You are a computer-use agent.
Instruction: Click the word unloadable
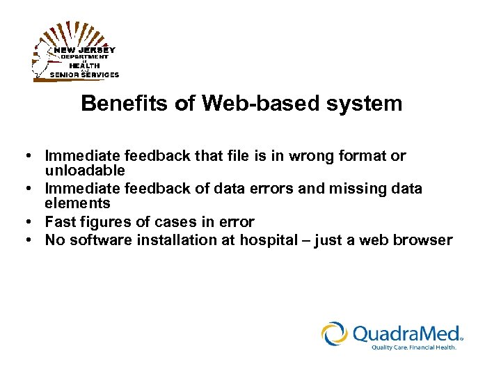click(85, 170)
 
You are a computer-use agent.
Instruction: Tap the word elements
click(77, 203)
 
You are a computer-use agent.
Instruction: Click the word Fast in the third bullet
click(60, 222)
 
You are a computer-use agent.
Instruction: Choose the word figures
click(102, 222)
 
